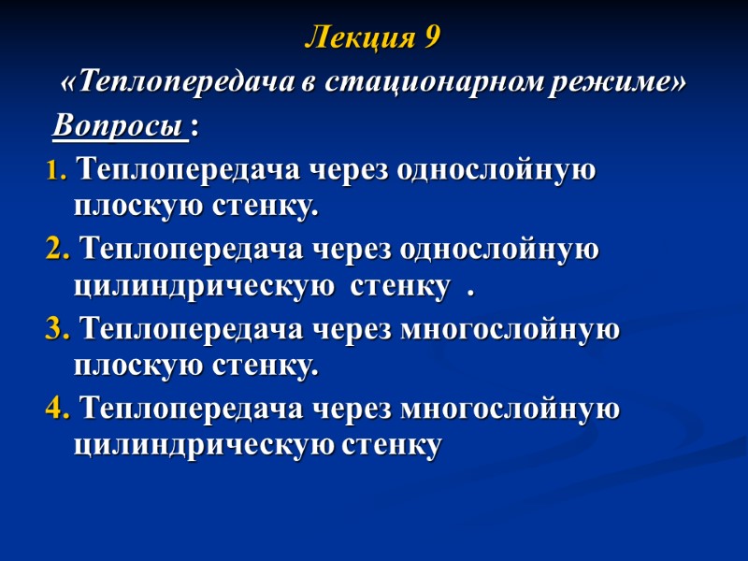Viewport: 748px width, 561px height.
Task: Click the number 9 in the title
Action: (430, 39)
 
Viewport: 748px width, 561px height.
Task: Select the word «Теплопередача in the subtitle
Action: (179, 83)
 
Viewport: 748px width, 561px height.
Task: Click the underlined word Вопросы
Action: (119, 125)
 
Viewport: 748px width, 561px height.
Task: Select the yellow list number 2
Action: (56, 252)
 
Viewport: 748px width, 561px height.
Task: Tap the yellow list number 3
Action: (56, 330)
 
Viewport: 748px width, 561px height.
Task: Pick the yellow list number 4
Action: (56, 410)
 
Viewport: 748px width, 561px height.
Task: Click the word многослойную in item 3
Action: (510, 330)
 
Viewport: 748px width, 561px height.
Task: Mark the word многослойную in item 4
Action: (510, 410)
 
